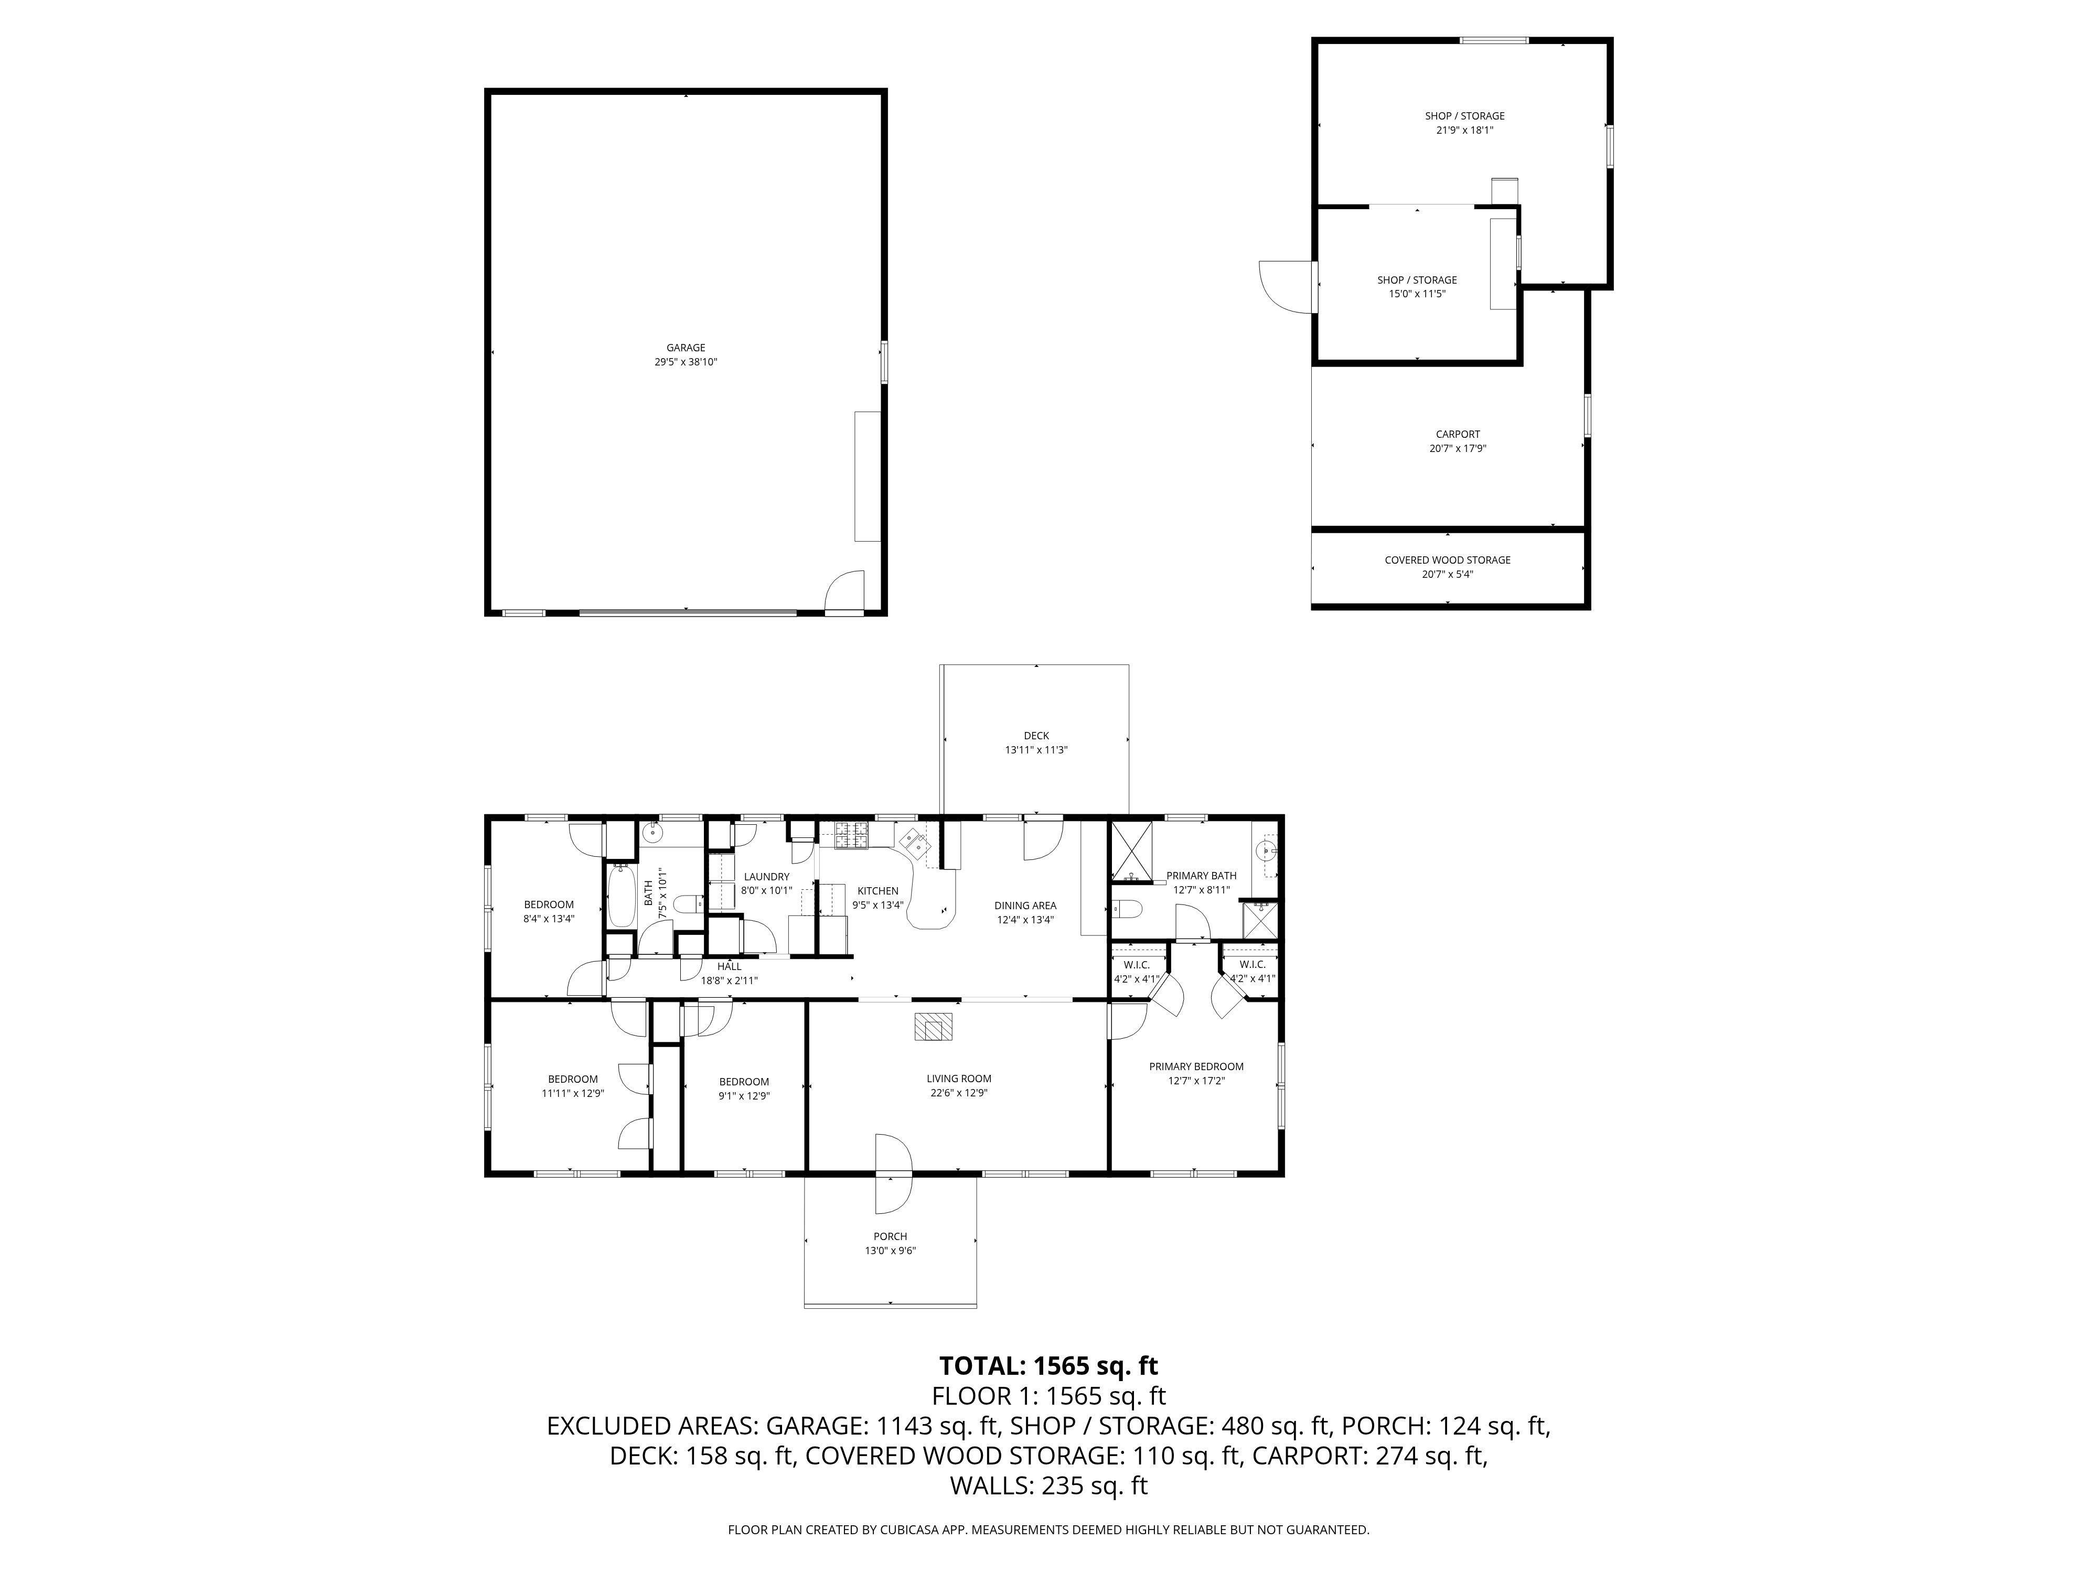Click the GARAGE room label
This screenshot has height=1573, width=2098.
(685, 348)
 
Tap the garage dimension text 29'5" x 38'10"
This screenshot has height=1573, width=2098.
(685, 362)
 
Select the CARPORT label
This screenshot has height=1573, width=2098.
(1457, 434)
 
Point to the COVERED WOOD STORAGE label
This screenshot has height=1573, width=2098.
(1447, 561)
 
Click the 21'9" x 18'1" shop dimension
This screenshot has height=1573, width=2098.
(1464, 131)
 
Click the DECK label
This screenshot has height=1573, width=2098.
(1036, 736)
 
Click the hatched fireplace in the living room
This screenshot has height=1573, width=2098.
(933, 1028)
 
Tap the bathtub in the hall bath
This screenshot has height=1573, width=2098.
(622, 895)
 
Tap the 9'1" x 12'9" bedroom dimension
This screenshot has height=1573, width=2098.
(744, 1096)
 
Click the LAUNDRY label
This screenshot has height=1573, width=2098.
(766, 877)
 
